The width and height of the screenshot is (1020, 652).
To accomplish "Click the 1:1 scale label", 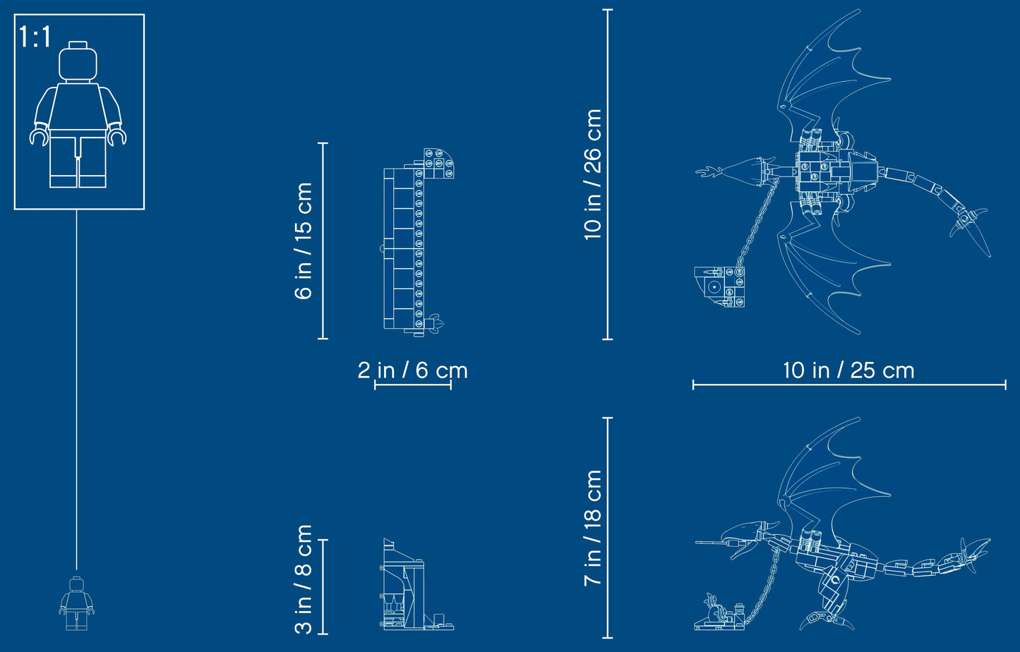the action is coord(35,37).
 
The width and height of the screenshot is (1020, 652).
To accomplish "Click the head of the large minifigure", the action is coord(78,63).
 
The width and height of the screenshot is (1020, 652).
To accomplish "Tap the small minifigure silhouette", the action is coord(76,603).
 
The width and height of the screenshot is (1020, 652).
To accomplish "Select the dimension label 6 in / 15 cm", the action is coord(304,241).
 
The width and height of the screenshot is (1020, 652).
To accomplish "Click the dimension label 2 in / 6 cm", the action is coord(412,370).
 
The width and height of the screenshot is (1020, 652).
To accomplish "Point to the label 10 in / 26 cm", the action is coord(593,174).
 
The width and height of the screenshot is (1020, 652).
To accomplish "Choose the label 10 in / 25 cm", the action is coord(848,370).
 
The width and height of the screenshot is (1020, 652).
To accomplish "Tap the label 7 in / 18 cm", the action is coord(593,528).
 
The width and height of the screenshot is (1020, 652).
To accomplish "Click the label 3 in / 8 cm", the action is coord(304,579).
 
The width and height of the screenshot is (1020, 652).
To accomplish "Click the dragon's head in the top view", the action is coord(738,171).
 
